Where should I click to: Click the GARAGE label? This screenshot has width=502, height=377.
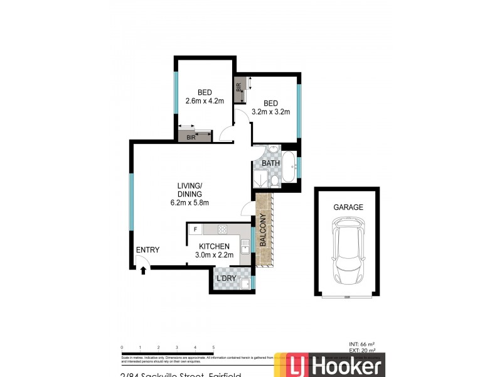348,207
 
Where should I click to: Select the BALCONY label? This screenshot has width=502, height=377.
264,230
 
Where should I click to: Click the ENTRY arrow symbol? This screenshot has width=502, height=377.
144,270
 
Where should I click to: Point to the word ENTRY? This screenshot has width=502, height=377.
147,250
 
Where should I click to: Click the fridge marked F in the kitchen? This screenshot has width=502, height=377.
196,229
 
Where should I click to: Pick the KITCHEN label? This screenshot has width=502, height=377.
214,246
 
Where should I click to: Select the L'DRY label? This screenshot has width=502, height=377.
225,278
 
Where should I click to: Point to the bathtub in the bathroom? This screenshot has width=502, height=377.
289,167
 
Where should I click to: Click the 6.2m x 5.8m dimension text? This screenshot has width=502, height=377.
189,203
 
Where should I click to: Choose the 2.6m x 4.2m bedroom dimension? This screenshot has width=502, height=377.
205,101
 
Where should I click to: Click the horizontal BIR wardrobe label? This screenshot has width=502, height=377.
190,137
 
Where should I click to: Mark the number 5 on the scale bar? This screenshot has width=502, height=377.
214,347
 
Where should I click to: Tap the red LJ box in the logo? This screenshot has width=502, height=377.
302,367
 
